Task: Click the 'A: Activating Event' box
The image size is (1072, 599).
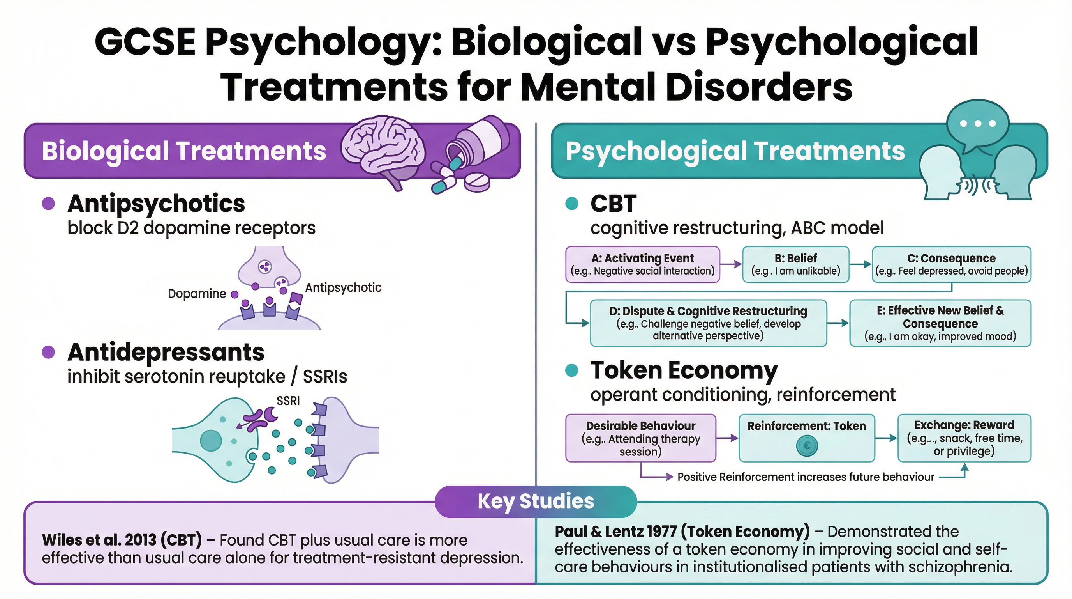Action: pos(642,264)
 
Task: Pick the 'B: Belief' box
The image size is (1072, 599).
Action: pos(796,264)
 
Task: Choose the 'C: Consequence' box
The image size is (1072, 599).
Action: pos(951,264)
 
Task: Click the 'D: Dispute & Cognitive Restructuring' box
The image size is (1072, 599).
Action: pos(708,323)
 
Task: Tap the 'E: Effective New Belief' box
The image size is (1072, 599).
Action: pos(940,323)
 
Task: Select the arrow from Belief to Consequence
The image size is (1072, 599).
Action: pos(860,264)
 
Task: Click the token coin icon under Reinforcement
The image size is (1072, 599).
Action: pos(807,446)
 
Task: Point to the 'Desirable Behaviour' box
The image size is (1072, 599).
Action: pos(640,438)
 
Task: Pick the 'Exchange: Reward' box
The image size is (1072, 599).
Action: pos(964,438)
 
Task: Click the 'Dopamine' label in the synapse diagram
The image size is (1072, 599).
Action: pos(197,294)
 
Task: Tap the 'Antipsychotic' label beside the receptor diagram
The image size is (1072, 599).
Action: pos(343,287)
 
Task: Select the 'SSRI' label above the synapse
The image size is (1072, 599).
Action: pos(288,401)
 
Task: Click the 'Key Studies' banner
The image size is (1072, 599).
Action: pos(536,501)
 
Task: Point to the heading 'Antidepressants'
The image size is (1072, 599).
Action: pos(166,353)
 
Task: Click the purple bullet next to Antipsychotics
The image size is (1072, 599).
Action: pos(49,203)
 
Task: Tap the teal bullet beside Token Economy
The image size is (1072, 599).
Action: pos(572,370)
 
